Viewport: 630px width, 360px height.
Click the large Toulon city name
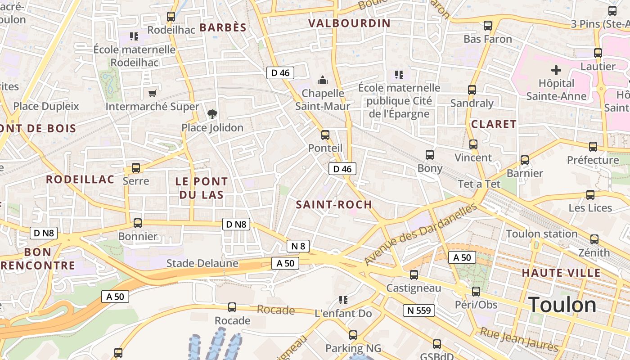pos(562,305)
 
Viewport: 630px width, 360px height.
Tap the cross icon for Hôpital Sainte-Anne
pos(556,70)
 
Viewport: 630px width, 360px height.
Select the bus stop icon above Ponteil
pos(325,135)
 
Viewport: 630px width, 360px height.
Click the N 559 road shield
pos(418,310)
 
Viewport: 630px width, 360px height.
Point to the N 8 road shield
pos(298,246)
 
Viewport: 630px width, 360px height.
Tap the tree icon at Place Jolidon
pos(212,114)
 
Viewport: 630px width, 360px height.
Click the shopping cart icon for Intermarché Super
pos(152,93)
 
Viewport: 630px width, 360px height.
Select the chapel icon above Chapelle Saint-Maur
pos(323,80)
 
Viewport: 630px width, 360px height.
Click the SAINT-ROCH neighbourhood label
pos(334,205)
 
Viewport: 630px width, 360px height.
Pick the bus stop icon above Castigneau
pos(414,274)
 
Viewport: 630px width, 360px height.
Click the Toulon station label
pos(542,234)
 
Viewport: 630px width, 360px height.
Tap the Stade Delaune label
pos(202,263)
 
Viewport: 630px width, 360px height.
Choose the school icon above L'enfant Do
pos(343,300)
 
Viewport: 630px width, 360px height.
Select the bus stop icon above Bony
pos(430,155)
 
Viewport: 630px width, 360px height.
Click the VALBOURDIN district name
pos(349,23)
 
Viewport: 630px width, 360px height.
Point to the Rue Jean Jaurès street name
pos(519,340)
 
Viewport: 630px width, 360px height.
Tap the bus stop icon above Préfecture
pos(593,147)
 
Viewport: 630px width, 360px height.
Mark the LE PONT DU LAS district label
pos(201,188)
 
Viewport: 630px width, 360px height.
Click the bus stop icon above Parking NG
pos(353,335)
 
